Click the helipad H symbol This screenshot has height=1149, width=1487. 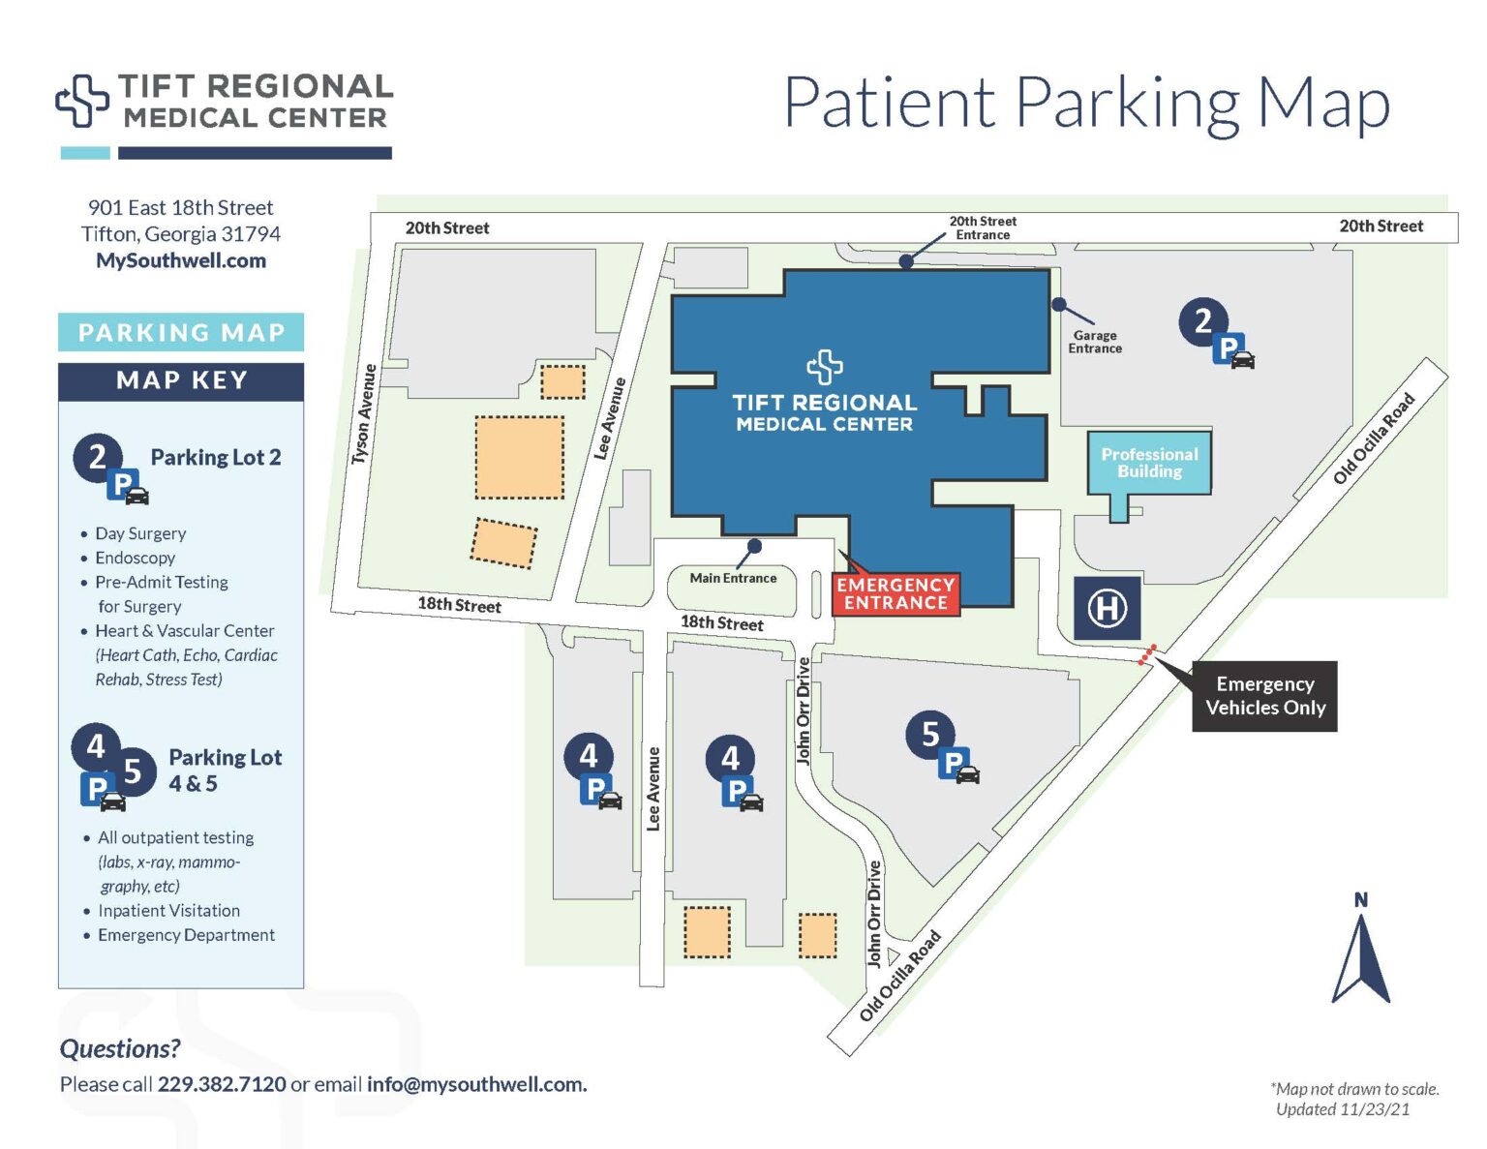[x=1107, y=609]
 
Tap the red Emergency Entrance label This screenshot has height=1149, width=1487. [x=895, y=593]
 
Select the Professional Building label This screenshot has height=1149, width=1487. [x=1149, y=463]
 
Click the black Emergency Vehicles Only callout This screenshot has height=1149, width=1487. [x=1264, y=696]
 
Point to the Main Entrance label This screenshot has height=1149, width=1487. [x=733, y=578]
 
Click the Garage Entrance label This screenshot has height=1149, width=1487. [x=1095, y=342]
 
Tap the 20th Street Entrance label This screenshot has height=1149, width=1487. [x=983, y=228]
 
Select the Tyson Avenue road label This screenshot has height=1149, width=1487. [x=364, y=414]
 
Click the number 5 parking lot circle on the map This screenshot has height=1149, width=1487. [x=929, y=735]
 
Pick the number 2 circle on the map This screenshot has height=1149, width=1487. [x=1202, y=320]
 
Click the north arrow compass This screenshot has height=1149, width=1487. [x=1360, y=953]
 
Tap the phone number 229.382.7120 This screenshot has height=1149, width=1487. [x=222, y=1084]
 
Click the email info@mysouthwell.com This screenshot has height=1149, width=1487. [x=476, y=1084]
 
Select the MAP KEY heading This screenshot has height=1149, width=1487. [x=181, y=380]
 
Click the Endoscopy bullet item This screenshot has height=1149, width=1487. [x=135, y=558]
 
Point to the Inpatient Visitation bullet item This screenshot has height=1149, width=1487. [x=168, y=911]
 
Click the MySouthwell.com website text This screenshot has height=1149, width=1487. [x=181, y=260]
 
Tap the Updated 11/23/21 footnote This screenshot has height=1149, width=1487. [x=1342, y=1109]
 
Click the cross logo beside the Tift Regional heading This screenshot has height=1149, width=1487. [x=82, y=101]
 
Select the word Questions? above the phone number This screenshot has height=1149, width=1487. [x=120, y=1048]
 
